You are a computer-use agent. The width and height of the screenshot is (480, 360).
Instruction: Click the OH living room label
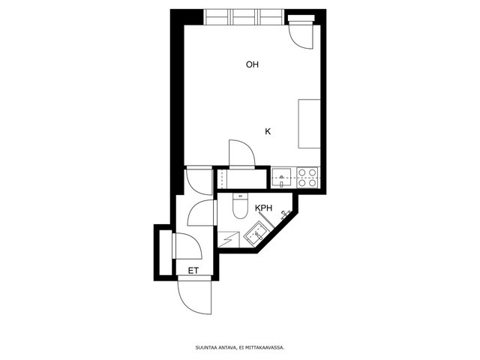[252, 64]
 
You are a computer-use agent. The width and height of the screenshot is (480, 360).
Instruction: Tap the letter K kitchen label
[268, 132]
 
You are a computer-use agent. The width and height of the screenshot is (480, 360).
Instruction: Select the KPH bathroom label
[263, 208]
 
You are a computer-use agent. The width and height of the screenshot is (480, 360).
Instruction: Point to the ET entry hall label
[193, 271]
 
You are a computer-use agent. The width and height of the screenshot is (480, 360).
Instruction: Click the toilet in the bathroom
[239, 205]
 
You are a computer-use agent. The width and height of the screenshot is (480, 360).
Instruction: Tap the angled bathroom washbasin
[255, 234]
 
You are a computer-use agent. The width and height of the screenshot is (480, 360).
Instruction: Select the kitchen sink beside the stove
[281, 178]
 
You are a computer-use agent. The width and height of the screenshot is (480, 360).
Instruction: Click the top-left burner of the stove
[301, 172]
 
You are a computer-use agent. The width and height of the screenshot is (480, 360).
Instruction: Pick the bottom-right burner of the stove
[312, 183]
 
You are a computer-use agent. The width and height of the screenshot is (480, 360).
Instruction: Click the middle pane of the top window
[244, 17]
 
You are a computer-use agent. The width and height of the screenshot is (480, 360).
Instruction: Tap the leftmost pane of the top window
[217, 17]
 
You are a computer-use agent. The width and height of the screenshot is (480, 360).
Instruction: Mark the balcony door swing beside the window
[301, 35]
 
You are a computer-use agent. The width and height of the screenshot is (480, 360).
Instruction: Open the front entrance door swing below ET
[195, 295]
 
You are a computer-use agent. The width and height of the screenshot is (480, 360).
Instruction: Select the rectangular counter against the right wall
[310, 124]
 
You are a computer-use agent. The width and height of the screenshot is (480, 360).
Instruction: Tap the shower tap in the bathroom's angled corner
[285, 214]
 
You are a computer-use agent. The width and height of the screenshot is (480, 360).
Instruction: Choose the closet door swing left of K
[241, 154]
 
